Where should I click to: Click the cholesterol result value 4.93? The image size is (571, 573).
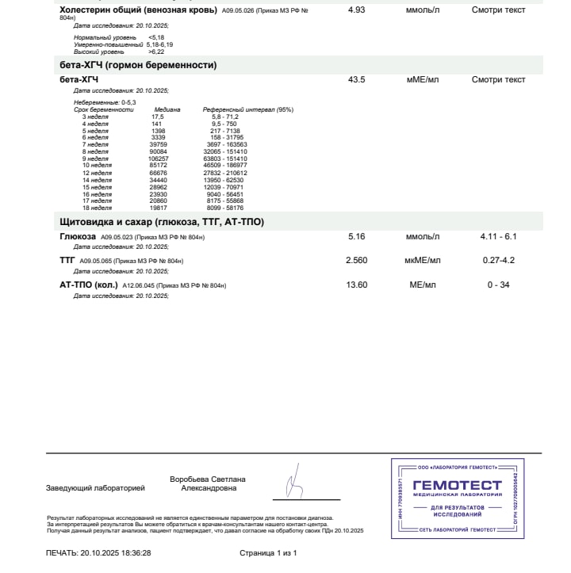click(x=357, y=10)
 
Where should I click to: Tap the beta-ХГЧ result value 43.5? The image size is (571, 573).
click(x=357, y=80)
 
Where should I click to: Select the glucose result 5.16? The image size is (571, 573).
click(x=357, y=237)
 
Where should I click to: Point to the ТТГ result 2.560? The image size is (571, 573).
click(x=357, y=260)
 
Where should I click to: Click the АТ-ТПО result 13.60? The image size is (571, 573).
click(x=357, y=285)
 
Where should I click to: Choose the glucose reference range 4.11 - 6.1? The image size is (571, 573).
click(x=498, y=237)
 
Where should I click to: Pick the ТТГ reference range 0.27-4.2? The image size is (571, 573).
click(x=498, y=260)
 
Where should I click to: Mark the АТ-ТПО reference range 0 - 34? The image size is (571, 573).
click(x=498, y=285)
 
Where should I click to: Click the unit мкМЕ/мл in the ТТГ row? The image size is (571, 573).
click(x=423, y=260)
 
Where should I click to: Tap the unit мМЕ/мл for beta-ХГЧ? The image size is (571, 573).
click(x=423, y=80)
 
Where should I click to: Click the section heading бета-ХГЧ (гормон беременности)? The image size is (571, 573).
click(x=138, y=65)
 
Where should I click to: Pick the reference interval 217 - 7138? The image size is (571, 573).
click(x=220, y=131)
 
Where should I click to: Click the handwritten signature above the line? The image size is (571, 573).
click(x=294, y=482)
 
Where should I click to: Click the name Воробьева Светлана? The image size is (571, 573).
click(x=208, y=479)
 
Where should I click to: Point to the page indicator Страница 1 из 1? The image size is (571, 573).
click(x=268, y=552)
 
